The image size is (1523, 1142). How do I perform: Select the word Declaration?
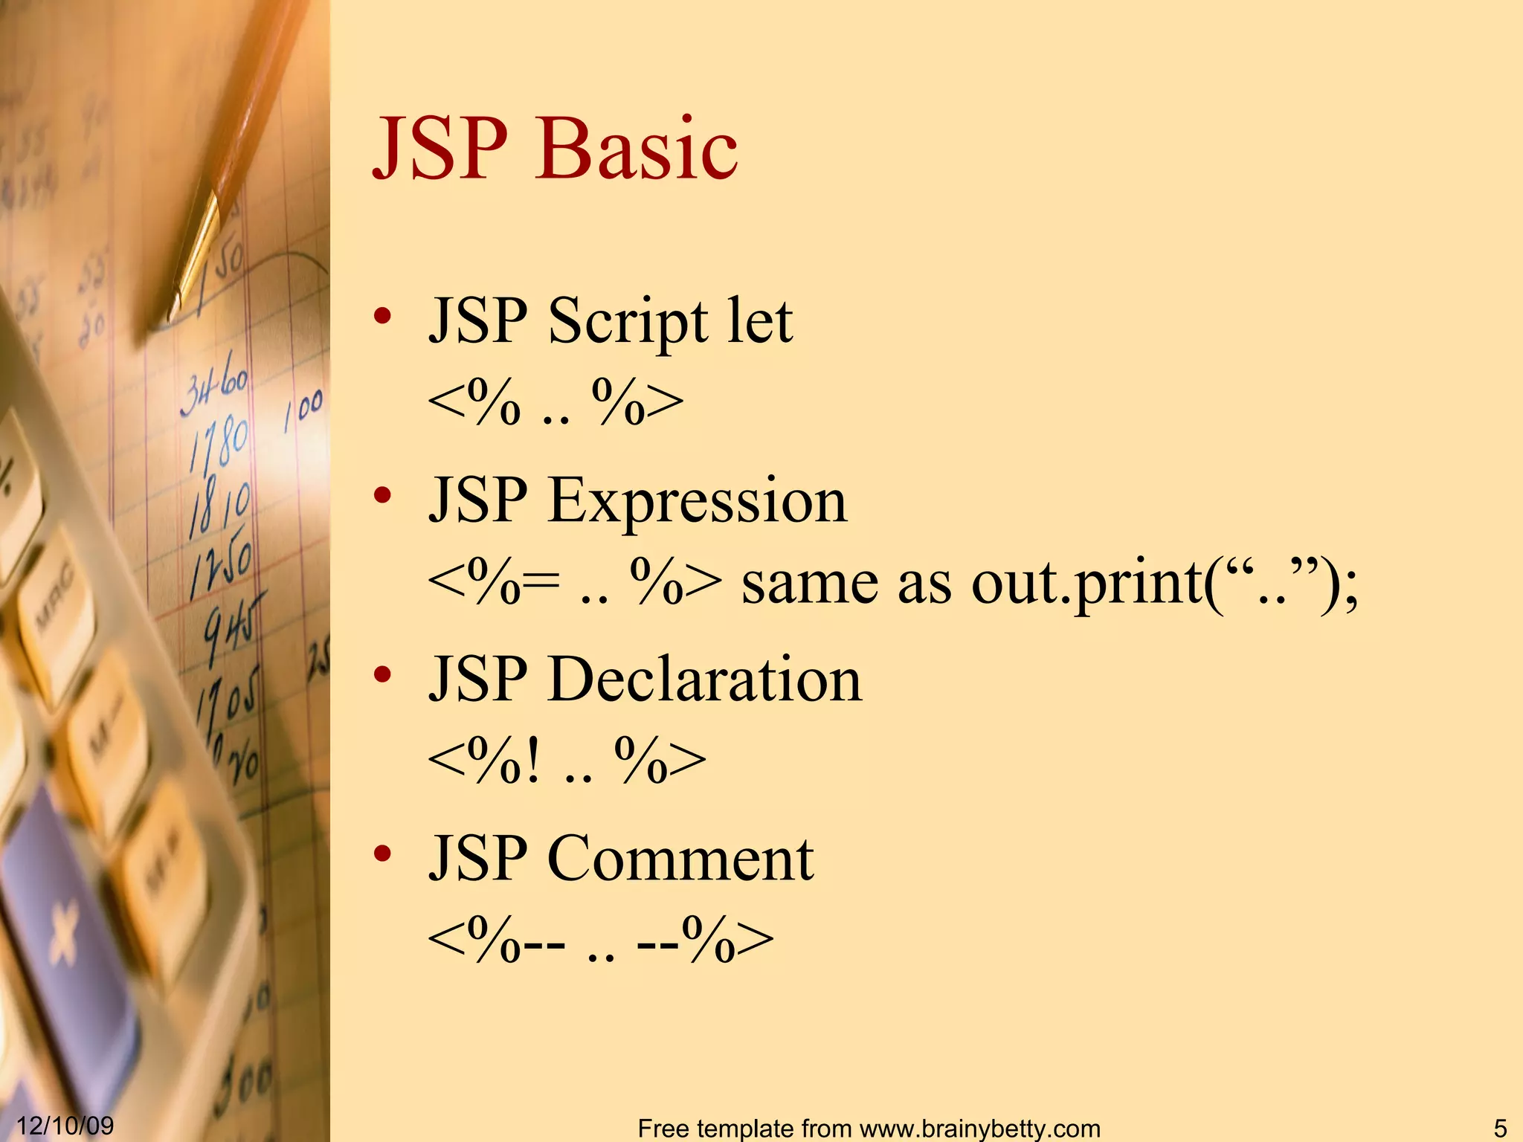pos(704,680)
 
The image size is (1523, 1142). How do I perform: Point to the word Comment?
pos(680,859)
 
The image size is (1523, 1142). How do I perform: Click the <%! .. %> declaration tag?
pos(567,762)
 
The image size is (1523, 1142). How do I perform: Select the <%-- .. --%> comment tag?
pos(600,941)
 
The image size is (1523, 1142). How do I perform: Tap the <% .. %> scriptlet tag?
pos(555,404)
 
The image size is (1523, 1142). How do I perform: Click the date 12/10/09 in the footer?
pos(65,1125)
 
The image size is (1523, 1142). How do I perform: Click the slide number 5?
pos(1500,1128)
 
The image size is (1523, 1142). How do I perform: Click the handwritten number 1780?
pos(219,442)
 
